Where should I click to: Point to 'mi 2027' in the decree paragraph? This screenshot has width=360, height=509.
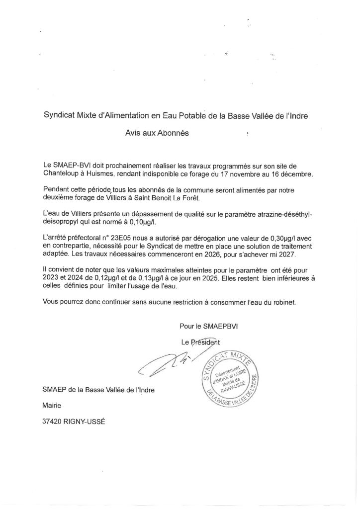click(284, 254)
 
